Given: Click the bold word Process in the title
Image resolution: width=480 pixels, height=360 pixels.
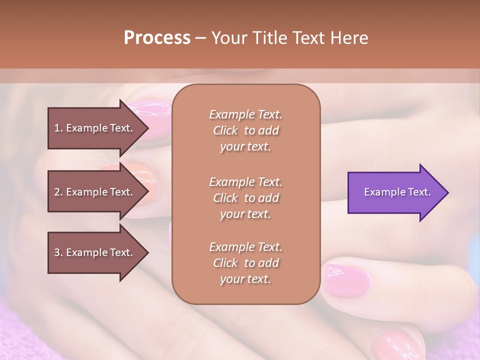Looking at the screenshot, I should [x=157, y=37].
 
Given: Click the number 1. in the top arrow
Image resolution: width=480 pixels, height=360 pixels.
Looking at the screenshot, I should [x=58, y=128].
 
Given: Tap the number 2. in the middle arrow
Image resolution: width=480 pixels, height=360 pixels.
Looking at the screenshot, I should [x=58, y=192].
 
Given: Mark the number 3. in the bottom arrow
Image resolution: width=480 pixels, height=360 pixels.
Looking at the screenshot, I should [x=58, y=252].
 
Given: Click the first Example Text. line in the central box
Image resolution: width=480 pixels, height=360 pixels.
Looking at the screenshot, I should [x=245, y=114].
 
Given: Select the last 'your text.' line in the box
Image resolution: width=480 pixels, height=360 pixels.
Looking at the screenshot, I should [x=245, y=279].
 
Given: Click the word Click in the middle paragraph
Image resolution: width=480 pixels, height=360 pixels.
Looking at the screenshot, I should [x=225, y=198].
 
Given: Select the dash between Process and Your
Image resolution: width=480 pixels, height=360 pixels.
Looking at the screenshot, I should [x=200, y=38].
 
